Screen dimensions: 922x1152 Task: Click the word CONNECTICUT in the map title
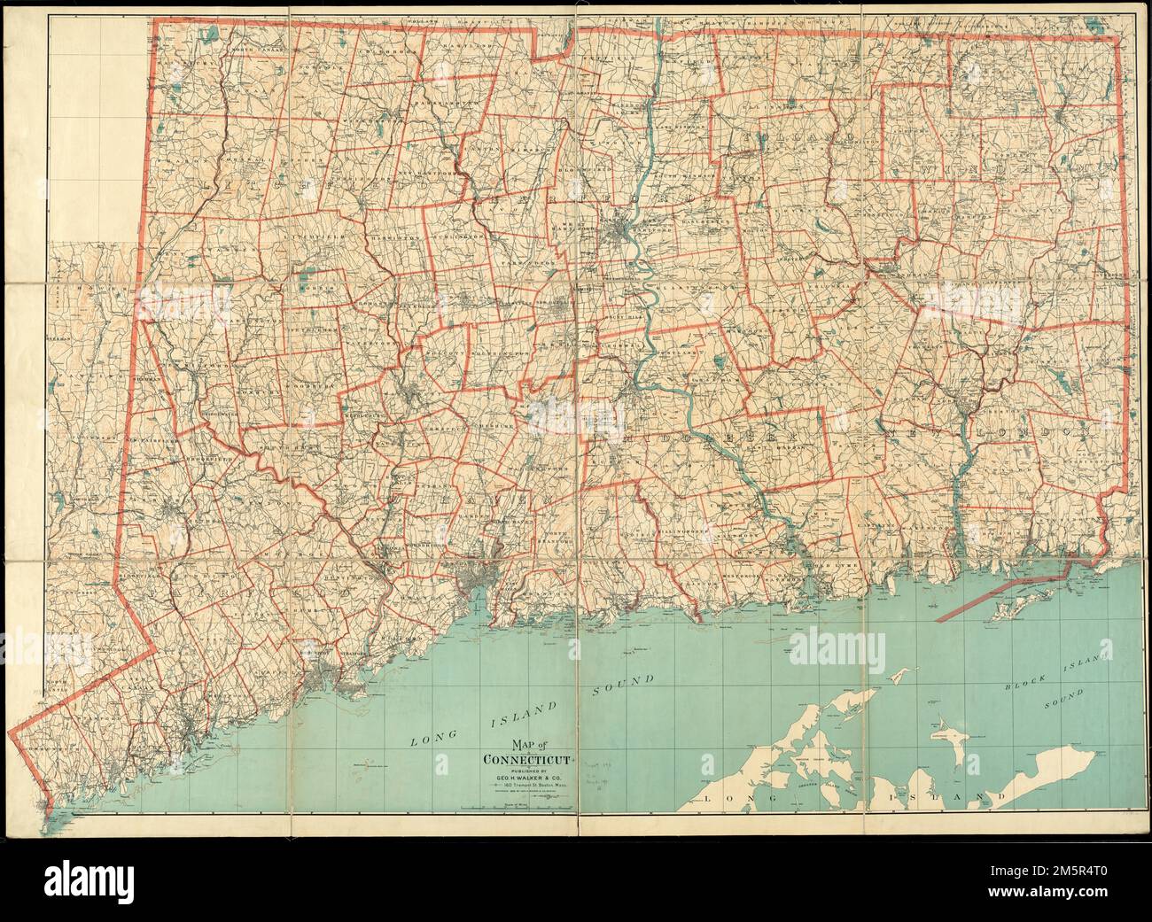pyautogui.click(x=528, y=759)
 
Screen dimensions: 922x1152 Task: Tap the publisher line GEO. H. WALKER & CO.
pyautogui.click(x=528, y=778)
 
